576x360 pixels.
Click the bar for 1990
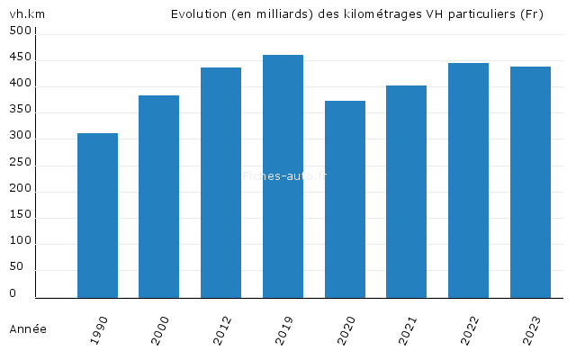pyautogui.click(x=97, y=215)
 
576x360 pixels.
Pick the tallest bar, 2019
pyautogui.click(x=283, y=176)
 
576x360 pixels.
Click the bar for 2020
pyautogui.click(x=345, y=199)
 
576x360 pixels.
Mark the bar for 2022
pyautogui.click(x=468, y=180)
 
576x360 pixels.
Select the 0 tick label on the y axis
pyautogui.click(x=13, y=294)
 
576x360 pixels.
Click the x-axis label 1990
pyautogui.click(x=99, y=329)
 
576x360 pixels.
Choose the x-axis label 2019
pyautogui.click(x=284, y=329)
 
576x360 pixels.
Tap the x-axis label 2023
pyautogui.click(x=532, y=329)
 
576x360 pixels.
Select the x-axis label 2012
pyautogui.click(x=222, y=329)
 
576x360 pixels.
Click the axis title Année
pyautogui.click(x=28, y=329)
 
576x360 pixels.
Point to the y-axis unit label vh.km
pyautogui.click(x=27, y=14)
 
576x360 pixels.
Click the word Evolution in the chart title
pyautogui.click(x=200, y=14)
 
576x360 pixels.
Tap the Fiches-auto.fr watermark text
pyautogui.click(x=284, y=176)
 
